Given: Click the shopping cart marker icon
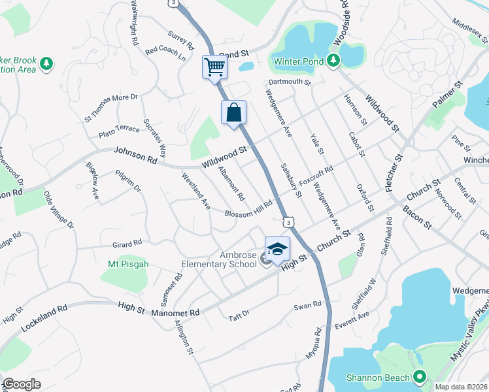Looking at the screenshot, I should [214, 67].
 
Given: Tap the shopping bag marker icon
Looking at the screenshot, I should [234, 112].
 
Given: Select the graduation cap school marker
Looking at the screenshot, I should [277, 249].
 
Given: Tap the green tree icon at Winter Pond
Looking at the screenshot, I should [333, 61].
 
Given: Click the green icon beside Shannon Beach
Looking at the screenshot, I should [419, 377].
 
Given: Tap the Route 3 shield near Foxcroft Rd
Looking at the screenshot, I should [287, 221].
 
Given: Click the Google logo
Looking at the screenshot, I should [22, 384].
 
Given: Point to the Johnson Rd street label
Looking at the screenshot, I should [135, 155].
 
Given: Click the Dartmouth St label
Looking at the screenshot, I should [290, 82].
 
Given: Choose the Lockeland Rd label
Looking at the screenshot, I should [44, 316].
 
